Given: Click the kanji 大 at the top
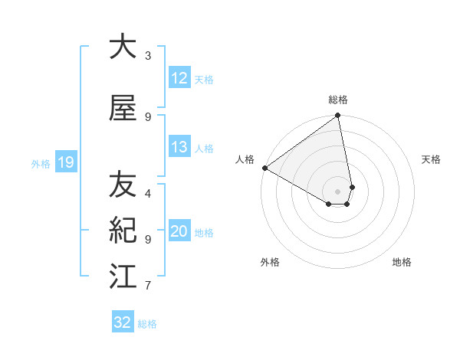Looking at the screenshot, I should (x=123, y=47).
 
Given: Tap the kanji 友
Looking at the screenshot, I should (x=123, y=185).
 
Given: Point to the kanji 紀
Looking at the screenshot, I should (x=123, y=230).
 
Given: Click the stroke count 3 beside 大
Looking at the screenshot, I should (x=148, y=56).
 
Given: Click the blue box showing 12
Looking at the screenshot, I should (x=179, y=77).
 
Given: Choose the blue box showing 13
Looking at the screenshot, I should (x=179, y=147).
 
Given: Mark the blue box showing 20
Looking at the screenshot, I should (x=179, y=231).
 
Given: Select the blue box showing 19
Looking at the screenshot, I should (x=66, y=162).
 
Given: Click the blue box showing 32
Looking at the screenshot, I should (x=123, y=322).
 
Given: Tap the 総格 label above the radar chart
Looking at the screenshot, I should (x=338, y=100).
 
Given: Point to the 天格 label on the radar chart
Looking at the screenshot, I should (x=432, y=159).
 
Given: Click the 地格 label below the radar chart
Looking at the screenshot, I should (x=402, y=262).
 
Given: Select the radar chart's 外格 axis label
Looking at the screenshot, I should (x=270, y=262).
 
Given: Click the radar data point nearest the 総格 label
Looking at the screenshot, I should (x=338, y=116).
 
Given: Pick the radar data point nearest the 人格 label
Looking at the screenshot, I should (x=264, y=168).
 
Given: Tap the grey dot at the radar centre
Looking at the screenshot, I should (x=338, y=191).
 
